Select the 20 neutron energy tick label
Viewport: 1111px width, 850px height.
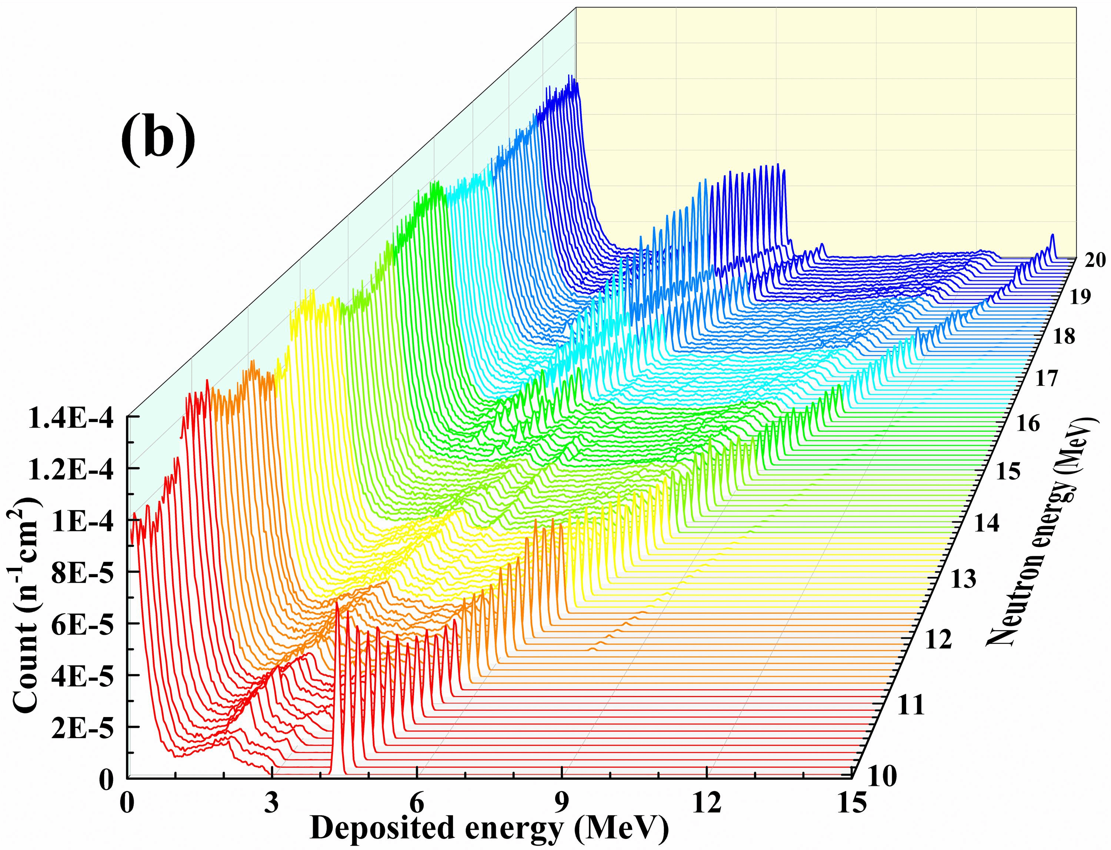(x=1093, y=262)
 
